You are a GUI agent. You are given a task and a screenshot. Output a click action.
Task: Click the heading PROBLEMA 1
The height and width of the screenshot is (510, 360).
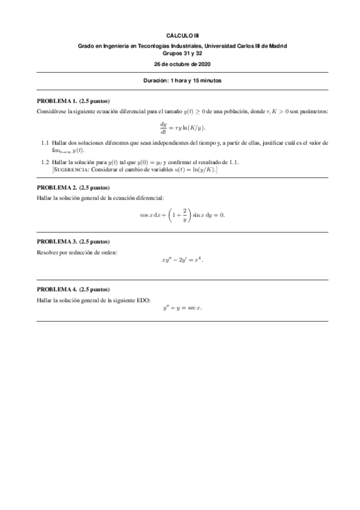tap(57, 101)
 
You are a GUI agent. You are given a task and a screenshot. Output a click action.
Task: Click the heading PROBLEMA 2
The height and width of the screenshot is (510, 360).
tap(57, 187)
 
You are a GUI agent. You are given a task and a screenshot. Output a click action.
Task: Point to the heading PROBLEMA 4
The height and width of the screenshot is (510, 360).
tap(57, 289)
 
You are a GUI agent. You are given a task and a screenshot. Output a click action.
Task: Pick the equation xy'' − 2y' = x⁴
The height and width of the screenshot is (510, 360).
tap(183, 260)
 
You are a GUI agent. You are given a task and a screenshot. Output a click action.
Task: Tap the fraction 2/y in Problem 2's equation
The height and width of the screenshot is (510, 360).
tap(185, 215)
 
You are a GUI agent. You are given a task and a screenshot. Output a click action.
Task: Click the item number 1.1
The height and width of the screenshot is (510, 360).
tap(45, 143)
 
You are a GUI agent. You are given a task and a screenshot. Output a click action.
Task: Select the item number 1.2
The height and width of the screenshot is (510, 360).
tap(45, 162)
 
